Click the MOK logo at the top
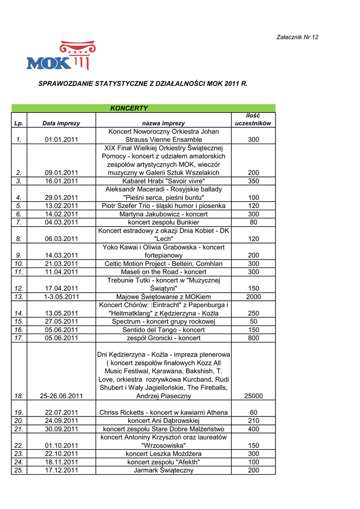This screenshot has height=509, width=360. [60, 56]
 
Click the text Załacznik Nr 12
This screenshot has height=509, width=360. [297, 37]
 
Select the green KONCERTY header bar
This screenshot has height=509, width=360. [143, 108]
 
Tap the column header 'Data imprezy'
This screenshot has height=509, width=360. [61, 123]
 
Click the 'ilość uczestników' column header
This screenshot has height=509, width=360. [253, 119]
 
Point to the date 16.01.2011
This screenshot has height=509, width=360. [62, 181]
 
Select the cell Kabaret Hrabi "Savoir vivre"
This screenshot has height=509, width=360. [164, 181]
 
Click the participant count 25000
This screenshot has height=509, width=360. [254, 396]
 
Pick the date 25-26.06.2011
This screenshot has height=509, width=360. [62, 396]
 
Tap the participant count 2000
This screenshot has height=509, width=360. [254, 297]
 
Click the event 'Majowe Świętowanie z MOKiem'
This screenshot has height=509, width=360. [164, 297]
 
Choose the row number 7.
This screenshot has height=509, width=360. [19, 222]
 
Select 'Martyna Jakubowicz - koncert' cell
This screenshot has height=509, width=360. [164, 214]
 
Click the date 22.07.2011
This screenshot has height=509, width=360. [62, 413]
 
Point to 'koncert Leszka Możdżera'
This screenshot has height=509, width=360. [164, 453]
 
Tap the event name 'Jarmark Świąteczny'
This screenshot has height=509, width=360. [164, 470]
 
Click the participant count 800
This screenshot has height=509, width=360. [254, 338]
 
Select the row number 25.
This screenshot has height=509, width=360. [19, 470]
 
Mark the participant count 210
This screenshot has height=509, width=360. [254, 421]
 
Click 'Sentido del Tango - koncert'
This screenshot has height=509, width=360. [164, 330]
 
